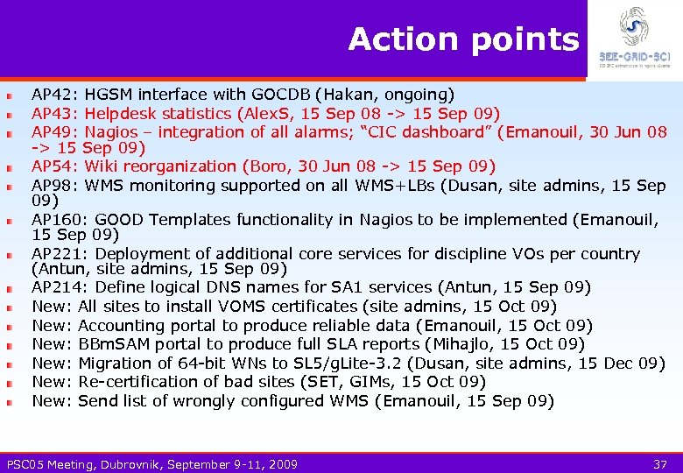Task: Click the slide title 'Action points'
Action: coord(463,39)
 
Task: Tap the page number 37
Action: coord(661,464)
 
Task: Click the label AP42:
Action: coord(55,94)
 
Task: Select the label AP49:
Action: coord(55,132)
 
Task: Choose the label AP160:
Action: coord(60,220)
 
